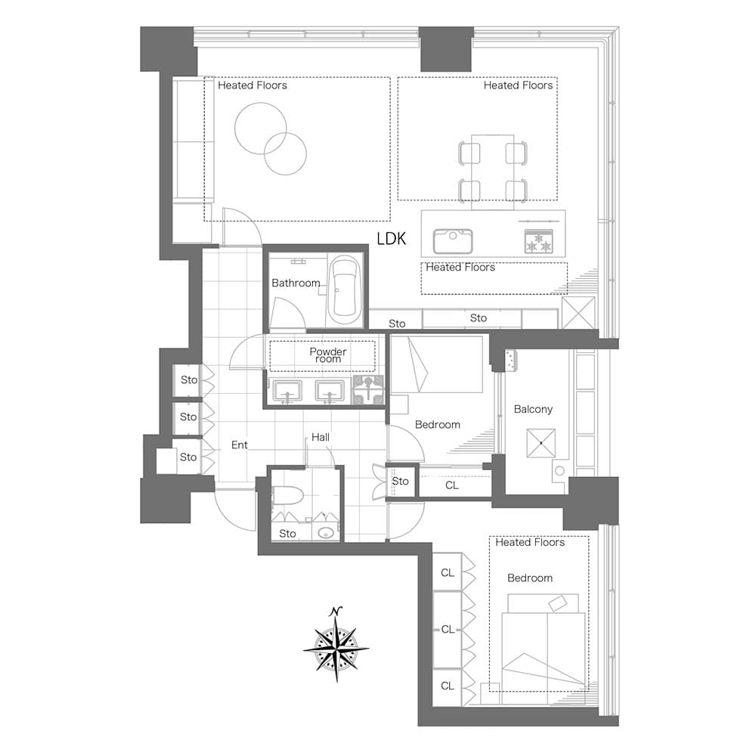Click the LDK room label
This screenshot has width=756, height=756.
point(391,239)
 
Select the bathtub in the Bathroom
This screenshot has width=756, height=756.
point(344,292)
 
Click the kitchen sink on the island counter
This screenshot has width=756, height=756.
point(453,241)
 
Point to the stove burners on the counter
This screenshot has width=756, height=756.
point(538,241)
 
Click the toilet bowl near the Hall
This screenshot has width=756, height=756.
point(288,495)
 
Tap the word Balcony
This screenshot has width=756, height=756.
point(533,409)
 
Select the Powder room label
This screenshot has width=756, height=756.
point(328,355)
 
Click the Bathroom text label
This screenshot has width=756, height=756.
point(296,283)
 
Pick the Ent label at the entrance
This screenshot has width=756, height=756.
point(240,445)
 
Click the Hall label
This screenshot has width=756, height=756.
point(321,437)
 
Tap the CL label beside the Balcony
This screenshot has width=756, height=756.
point(452,485)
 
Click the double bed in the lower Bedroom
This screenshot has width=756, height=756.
point(544,642)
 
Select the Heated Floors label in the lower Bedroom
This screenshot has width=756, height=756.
point(530,542)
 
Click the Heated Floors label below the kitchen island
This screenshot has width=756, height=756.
point(460,267)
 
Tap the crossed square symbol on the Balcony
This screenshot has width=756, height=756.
point(541,442)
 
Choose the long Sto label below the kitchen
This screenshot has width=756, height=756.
point(479,318)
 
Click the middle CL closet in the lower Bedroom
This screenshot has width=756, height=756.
point(448,630)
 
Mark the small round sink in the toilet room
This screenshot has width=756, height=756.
point(326,533)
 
